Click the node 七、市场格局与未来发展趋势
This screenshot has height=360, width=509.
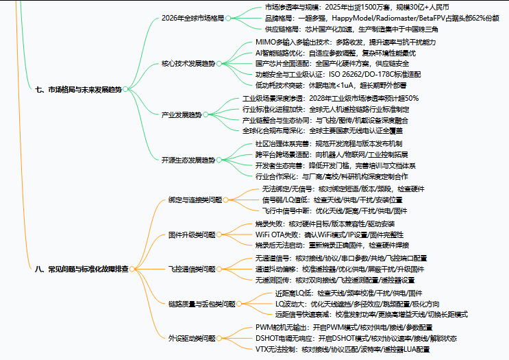click(77, 88)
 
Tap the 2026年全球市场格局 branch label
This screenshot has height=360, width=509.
click(193, 18)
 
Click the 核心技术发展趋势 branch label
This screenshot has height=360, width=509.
click(188, 63)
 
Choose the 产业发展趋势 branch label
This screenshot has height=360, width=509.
click(181, 115)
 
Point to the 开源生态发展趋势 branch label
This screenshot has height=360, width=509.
click(188, 160)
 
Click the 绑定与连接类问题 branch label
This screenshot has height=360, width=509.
click(195, 200)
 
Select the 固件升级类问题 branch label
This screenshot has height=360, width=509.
click(191, 235)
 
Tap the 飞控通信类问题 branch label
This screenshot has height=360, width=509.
click(191, 268)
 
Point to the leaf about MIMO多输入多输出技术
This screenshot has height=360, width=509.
click(345, 42)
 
